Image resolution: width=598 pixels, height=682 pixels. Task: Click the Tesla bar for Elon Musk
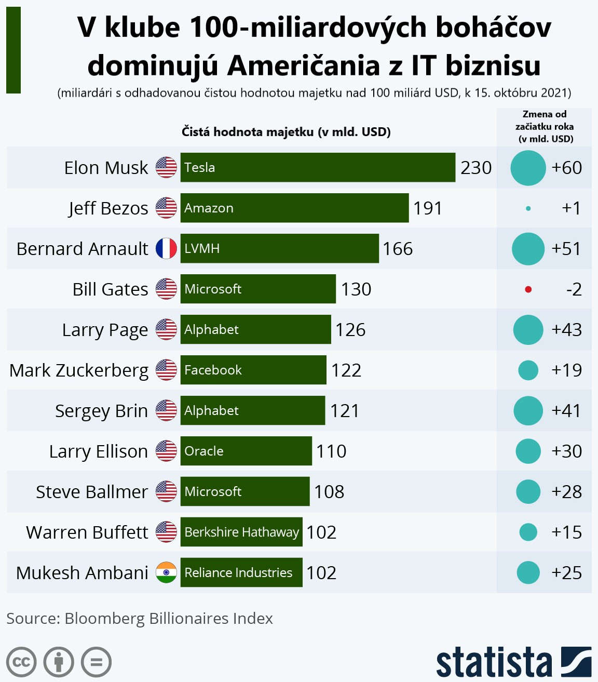[x=318, y=167]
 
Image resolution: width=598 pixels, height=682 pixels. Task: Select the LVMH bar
[x=279, y=248]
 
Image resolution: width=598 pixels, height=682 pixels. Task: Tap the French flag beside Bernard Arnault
[x=166, y=248]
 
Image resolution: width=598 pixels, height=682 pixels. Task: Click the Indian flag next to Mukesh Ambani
[x=166, y=572]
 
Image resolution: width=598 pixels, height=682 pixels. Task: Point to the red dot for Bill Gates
[x=528, y=289]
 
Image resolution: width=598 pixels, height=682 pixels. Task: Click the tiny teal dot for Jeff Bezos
[x=528, y=208]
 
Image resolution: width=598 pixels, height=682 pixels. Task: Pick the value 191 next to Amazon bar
[x=428, y=208]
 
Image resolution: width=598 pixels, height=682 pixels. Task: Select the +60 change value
[x=566, y=168]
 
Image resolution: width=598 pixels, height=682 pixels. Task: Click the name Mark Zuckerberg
[x=79, y=370]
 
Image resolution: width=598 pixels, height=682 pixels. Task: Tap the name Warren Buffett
[x=87, y=532]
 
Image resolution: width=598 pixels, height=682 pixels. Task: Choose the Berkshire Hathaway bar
[x=241, y=532]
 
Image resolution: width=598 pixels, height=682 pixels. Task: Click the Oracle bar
[x=246, y=451]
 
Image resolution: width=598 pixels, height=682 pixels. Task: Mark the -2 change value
[x=574, y=289]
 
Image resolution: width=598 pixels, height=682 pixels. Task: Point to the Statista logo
[x=513, y=662]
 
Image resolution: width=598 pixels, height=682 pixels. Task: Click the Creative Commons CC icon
[x=21, y=662]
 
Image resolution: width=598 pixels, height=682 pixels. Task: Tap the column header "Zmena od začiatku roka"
[x=544, y=126]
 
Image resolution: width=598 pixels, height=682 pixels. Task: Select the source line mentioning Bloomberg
[x=140, y=619]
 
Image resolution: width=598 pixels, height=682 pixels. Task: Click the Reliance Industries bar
[x=241, y=572]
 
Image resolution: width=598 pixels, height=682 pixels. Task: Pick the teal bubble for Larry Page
[x=528, y=330]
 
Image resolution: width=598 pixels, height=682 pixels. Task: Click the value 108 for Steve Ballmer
[x=329, y=492]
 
